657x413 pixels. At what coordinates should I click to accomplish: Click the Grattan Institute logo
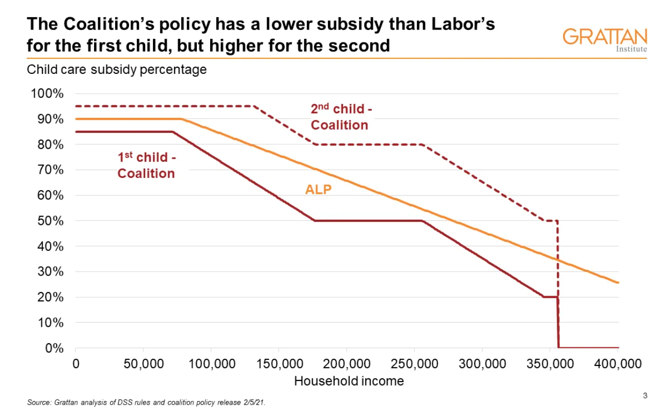[x=604, y=40]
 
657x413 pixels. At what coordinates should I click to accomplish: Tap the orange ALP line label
[x=318, y=189]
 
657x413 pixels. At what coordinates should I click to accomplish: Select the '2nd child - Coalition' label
[x=340, y=117]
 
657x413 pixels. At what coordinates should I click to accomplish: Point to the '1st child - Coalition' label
[x=146, y=165]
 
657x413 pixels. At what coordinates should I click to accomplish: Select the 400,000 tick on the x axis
[x=618, y=363]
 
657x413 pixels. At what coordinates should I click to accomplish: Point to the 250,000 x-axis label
[x=414, y=363]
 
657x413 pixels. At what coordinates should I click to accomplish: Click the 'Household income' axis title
[x=349, y=381]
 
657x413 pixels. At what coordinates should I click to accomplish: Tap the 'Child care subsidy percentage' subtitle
[x=117, y=69]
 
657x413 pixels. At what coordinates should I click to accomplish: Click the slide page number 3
[x=645, y=396]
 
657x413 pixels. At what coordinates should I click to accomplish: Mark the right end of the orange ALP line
[x=618, y=282]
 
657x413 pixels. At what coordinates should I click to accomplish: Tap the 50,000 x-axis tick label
[x=143, y=363]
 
